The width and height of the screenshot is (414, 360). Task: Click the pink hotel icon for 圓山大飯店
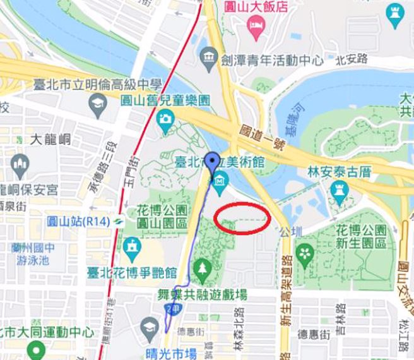tap(256, 26)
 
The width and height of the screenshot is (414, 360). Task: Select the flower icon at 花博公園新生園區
tap(305, 254)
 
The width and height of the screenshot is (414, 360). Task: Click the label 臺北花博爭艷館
tap(131, 272)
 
